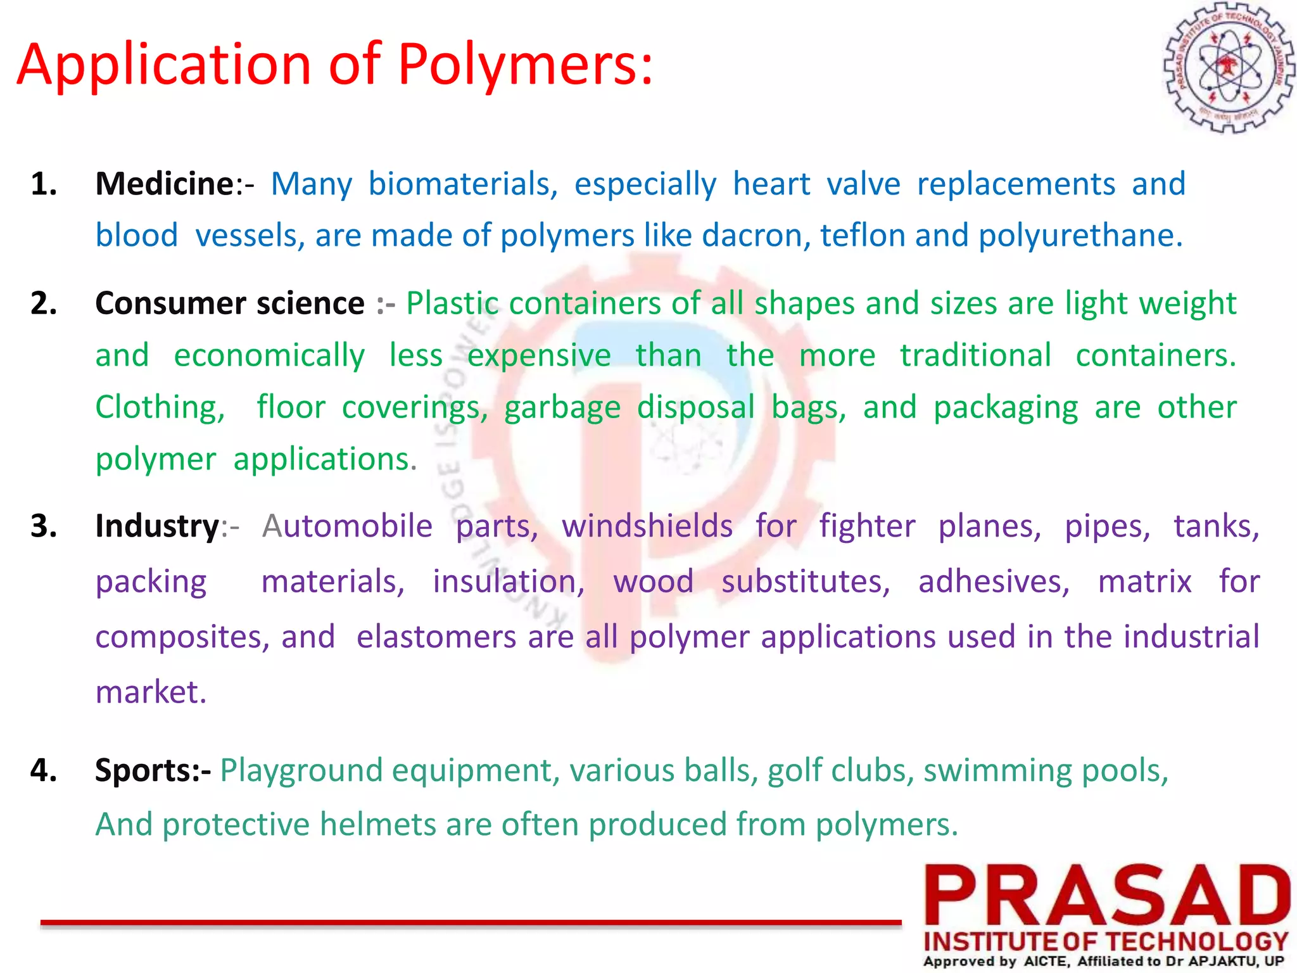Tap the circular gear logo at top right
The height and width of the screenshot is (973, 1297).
[x=1229, y=67]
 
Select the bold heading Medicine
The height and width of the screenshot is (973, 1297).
[x=165, y=184]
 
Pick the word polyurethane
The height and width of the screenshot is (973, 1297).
[x=1080, y=236]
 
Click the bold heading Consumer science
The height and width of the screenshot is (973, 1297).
[x=229, y=303]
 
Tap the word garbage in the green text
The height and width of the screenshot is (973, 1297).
[x=562, y=408]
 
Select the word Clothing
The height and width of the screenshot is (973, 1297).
[x=160, y=407]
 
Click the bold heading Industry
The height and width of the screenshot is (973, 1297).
[x=157, y=526]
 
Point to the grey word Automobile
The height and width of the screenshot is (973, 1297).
[x=347, y=526]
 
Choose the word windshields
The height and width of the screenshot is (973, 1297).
[x=647, y=526]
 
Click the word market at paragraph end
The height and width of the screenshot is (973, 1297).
[x=150, y=692]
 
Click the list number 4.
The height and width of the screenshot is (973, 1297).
[x=44, y=771]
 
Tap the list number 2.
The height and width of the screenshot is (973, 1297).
[x=44, y=303]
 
